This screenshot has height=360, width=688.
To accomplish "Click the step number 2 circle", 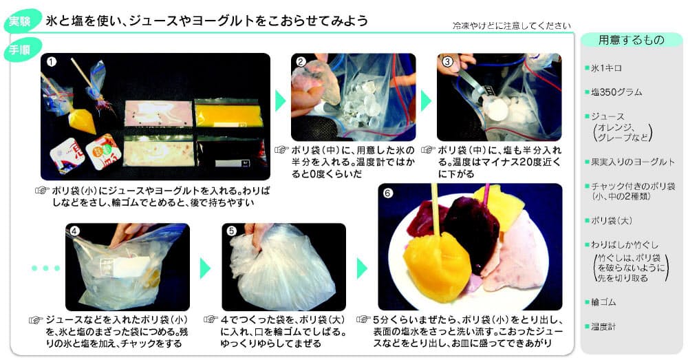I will [x=301, y=62].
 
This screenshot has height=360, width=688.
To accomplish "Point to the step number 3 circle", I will [x=447, y=62].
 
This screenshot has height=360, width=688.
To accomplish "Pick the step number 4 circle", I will [x=76, y=232].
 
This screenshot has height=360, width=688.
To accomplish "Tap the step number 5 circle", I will [x=232, y=232].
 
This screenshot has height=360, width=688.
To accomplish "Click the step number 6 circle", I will [x=388, y=193].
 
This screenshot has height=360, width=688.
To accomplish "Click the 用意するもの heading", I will [x=631, y=41].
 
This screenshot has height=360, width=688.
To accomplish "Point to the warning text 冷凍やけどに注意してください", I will [x=511, y=25].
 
